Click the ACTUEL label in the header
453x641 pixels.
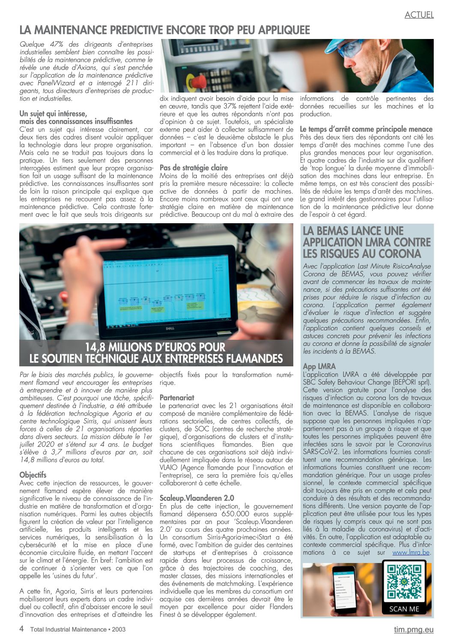[x=419, y=15]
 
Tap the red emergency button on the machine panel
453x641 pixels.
[x=197, y=81]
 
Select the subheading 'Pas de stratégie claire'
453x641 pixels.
[x=194, y=168]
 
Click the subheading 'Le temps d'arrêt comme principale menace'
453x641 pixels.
[x=366, y=129]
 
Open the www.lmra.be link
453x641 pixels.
[x=411, y=552]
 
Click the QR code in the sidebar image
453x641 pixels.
[x=404, y=582]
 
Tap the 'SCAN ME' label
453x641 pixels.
[x=404, y=609]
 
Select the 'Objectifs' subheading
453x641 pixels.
[x=33, y=475]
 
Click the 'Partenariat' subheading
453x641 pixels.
[x=177, y=398]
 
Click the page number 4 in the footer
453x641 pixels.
[x=21, y=629]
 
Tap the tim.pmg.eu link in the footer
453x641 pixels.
[x=414, y=629]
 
